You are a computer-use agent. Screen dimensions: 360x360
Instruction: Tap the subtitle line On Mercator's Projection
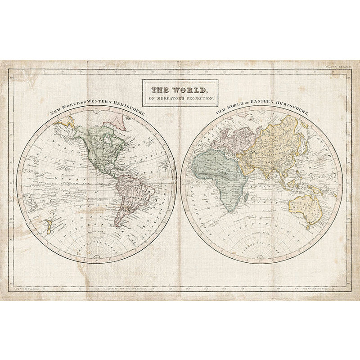click(x=180, y=98)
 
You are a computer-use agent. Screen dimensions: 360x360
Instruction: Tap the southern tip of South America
click(x=118, y=225)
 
